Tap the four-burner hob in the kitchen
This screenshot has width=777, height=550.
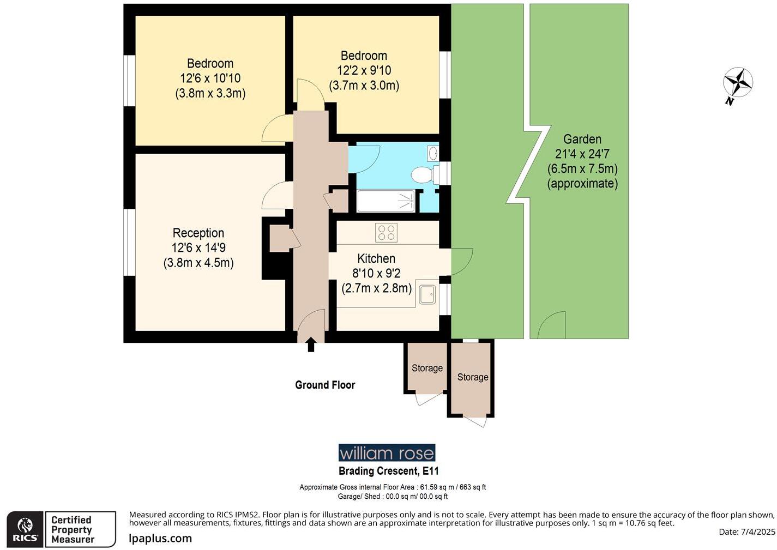(386, 233)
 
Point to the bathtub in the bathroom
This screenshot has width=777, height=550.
(386, 201)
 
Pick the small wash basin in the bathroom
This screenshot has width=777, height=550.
(433, 154)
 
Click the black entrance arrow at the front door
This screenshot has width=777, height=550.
(311, 344)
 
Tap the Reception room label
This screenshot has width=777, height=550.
(198, 233)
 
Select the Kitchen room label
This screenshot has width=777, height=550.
(376, 258)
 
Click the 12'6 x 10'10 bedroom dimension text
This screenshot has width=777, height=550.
(210, 78)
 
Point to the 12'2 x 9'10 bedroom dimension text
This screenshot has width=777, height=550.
(364, 70)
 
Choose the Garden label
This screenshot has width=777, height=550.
(582, 140)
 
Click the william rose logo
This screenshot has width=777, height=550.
(387, 453)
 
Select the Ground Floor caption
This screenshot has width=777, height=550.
(325, 385)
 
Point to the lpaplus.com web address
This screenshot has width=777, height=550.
(160, 539)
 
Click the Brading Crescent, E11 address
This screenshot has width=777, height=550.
(388, 471)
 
